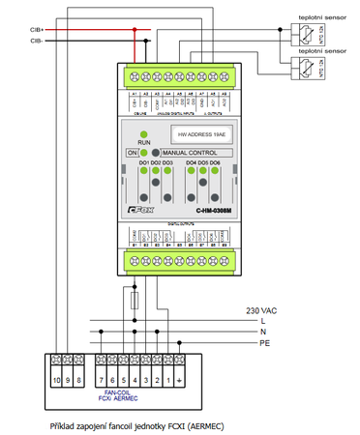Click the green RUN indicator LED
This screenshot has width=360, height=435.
pyautogui.click(x=143, y=133)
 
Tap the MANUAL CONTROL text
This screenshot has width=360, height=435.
pyautogui.click(x=190, y=153)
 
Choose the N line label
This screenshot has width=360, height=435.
pyautogui.click(x=263, y=332)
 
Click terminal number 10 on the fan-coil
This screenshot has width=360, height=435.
pyautogui.click(x=58, y=381)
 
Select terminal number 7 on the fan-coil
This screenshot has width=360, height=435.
pyautogui.click(x=101, y=381)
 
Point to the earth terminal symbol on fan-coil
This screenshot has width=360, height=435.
pyautogui.click(x=180, y=381)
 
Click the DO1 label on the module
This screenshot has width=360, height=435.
pyautogui.click(x=141, y=162)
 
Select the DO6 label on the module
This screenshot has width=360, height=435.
pyautogui.click(x=215, y=162)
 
